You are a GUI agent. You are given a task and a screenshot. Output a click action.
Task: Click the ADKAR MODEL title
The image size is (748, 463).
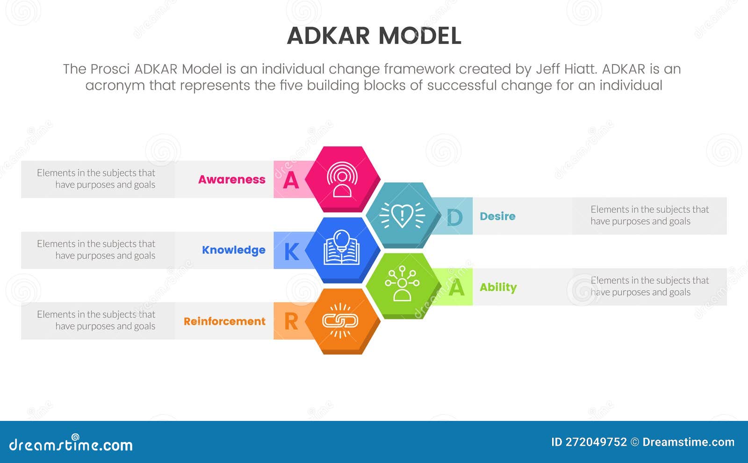click(x=374, y=36)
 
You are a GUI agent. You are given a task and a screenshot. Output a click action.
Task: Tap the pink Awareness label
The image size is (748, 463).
click(x=231, y=180)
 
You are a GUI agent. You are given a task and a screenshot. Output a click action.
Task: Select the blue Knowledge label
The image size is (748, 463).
click(x=233, y=250)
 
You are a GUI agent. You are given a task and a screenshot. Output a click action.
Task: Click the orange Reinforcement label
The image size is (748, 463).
click(x=224, y=321)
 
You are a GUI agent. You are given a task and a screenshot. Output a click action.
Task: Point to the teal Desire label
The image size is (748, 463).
click(x=497, y=216)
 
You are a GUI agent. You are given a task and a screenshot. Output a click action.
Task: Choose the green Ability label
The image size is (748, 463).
click(x=498, y=287)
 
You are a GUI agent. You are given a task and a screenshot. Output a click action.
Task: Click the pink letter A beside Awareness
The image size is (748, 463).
click(x=291, y=180)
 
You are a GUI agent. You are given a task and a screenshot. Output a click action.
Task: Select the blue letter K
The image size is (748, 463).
click(x=291, y=252)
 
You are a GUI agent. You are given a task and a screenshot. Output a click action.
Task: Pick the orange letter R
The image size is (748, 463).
click(x=291, y=322)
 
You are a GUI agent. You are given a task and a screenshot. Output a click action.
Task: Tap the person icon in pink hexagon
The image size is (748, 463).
click(x=342, y=180)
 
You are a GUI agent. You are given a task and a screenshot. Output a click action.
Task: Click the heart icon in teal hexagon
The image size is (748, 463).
click(x=402, y=216)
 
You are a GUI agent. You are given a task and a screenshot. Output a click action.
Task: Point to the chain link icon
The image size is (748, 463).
click(x=340, y=320)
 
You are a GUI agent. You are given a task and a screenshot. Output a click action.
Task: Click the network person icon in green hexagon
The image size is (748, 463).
click(x=402, y=283)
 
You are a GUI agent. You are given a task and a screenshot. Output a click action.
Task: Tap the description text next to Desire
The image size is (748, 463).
click(x=649, y=215)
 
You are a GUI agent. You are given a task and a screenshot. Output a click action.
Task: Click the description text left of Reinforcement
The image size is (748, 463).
click(x=96, y=320)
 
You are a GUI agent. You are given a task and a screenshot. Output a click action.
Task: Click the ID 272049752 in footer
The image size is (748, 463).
click(x=589, y=442)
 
